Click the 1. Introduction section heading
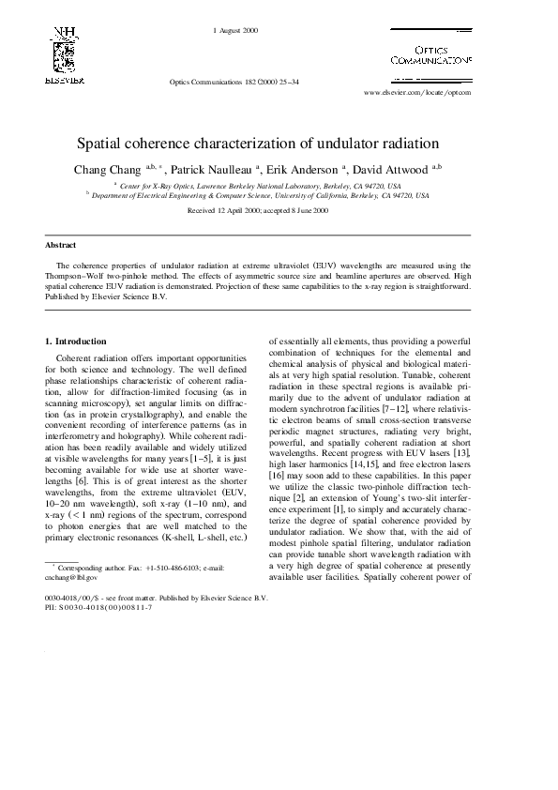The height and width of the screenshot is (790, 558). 76,341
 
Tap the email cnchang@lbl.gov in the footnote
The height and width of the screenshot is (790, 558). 71,578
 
